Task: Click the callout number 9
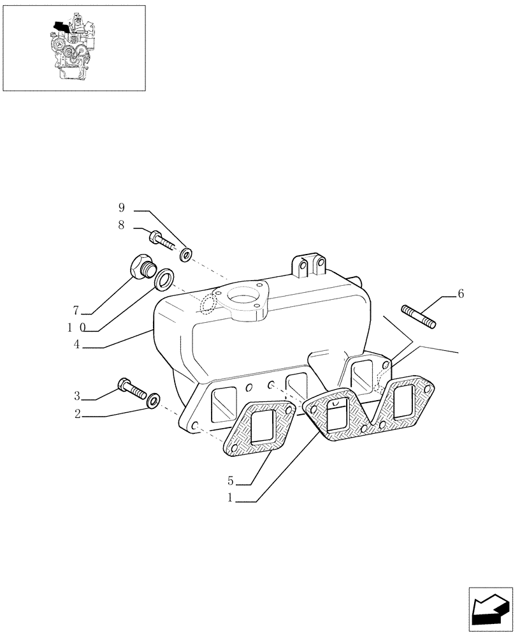121,208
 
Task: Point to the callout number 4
76,345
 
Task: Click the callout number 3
76,397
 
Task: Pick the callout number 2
77,415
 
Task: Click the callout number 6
461,294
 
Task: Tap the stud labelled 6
418,316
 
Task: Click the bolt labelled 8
162,241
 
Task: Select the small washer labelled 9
185,255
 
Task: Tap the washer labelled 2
153,401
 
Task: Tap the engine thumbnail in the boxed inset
74,48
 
